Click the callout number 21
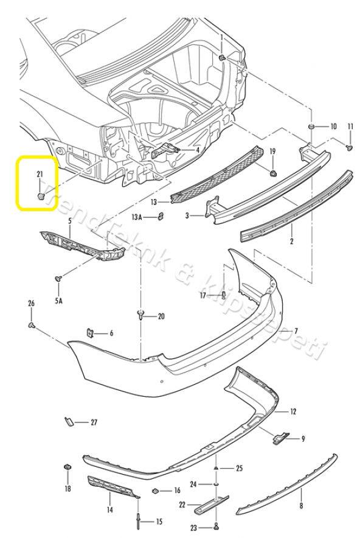[x=40, y=174]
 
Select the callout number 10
[x=333, y=127]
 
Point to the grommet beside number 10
[x=311, y=126]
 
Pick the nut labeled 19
[x=272, y=173]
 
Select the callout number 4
[x=197, y=150]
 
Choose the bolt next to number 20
[x=140, y=315]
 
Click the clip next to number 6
[x=89, y=333]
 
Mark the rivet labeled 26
[x=32, y=326]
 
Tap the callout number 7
[x=296, y=331]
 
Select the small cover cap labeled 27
[x=69, y=421]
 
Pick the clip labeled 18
[x=67, y=467]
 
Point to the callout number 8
[x=301, y=505]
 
